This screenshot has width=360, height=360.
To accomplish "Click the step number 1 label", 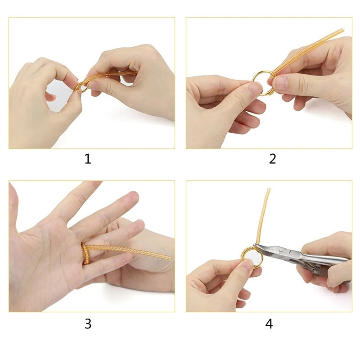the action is [x=88, y=159].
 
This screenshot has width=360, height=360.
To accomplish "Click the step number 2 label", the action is [x=272, y=159].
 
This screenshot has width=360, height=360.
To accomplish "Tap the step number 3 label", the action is [x=88, y=324].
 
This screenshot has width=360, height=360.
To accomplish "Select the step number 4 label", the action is [x=269, y=324].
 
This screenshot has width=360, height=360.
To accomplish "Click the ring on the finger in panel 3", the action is [x=84, y=252].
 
